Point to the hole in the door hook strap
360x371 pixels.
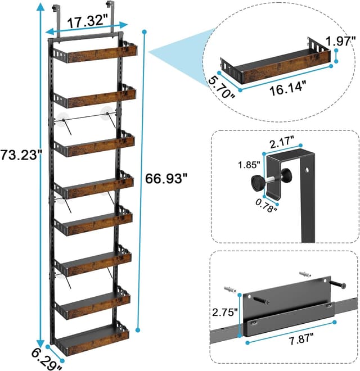click(x=308, y=169)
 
